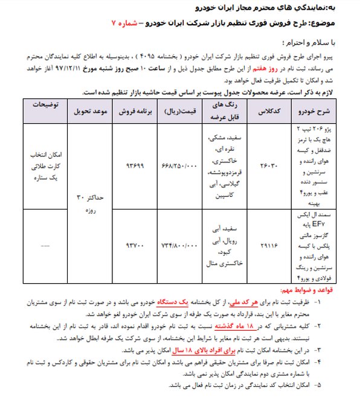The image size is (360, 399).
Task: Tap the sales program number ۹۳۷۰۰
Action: tap(133, 246)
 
